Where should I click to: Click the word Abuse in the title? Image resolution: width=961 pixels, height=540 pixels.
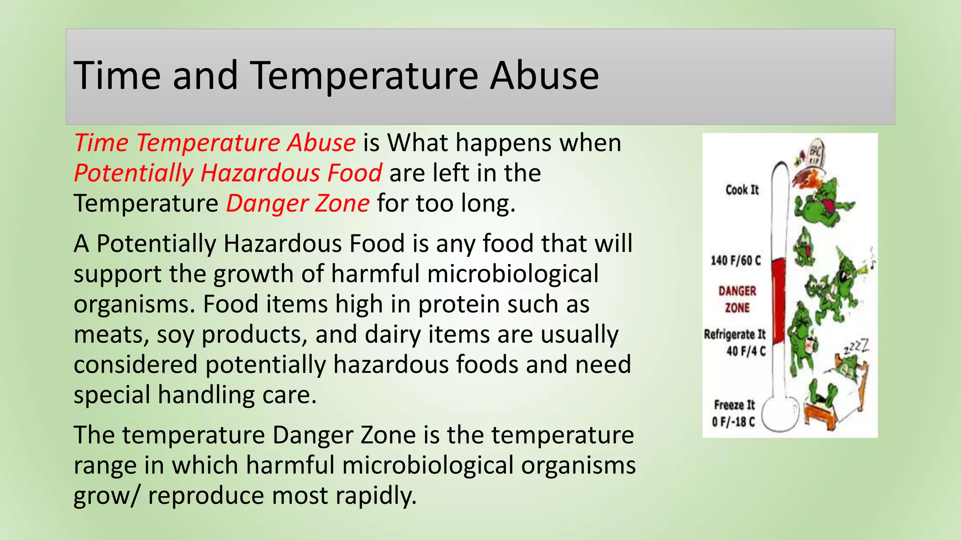pyautogui.click(x=544, y=76)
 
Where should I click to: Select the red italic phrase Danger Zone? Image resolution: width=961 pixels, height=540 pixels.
pyautogui.click(x=298, y=204)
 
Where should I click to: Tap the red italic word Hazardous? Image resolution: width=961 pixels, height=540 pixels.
pyautogui.click(x=260, y=173)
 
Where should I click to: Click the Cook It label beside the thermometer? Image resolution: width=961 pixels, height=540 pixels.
pyautogui.click(x=742, y=190)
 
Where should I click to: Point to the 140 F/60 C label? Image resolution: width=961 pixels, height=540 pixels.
pyautogui.click(x=735, y=261)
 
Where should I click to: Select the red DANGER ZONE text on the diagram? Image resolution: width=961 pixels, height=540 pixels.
pyautogui.click(x=737, y=299)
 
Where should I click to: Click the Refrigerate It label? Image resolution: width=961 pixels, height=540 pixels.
pyautogui.click(x=734, y=334)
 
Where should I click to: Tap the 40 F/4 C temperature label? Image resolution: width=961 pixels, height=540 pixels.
pyautogui.click(x=746, y=351)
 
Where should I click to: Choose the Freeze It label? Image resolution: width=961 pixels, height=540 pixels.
pyautogui.click(x=734, y=405)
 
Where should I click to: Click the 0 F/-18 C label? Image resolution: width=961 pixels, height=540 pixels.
pyautogui.click(x=733, y=422)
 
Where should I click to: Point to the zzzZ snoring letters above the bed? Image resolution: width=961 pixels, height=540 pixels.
pyautogui.click(x=857, y=347)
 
